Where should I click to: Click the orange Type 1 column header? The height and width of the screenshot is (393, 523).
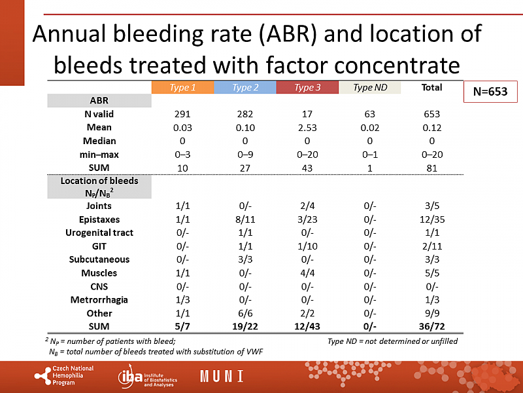[182, 88]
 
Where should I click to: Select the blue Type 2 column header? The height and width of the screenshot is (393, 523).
[245, 88]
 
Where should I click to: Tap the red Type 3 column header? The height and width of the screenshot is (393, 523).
[307, 88]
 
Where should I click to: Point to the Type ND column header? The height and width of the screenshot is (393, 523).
[369, 88]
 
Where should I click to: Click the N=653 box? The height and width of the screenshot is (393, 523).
[490, 92]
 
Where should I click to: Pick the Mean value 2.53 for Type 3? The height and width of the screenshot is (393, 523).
[307, 127]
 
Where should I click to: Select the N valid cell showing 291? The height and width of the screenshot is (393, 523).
[182, 114]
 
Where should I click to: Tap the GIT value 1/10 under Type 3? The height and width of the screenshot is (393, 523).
[307, 246]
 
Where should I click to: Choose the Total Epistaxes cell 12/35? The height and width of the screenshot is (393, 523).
[431, 219]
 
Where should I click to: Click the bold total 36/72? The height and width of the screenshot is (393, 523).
[431, 326]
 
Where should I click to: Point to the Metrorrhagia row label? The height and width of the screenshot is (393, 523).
[99, 299]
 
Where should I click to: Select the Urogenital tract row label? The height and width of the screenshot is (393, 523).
[99, 233]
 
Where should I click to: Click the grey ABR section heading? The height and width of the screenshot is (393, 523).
[99, 100]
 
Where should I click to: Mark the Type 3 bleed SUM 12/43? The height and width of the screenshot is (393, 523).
[307, 326]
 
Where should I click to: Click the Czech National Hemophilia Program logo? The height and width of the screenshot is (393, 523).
[64, 376]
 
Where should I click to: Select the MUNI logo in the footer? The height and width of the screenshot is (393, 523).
[221, 377]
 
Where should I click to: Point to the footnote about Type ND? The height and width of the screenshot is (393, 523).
[392, 341]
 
